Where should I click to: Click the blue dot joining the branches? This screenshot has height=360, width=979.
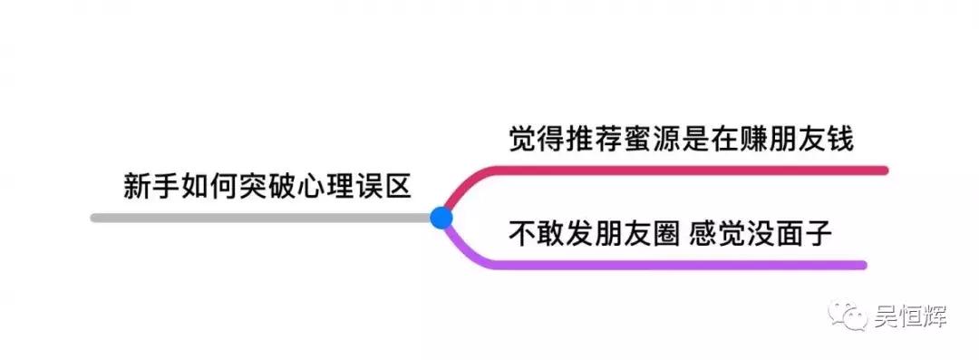441,218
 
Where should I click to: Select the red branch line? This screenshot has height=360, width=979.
689,170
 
